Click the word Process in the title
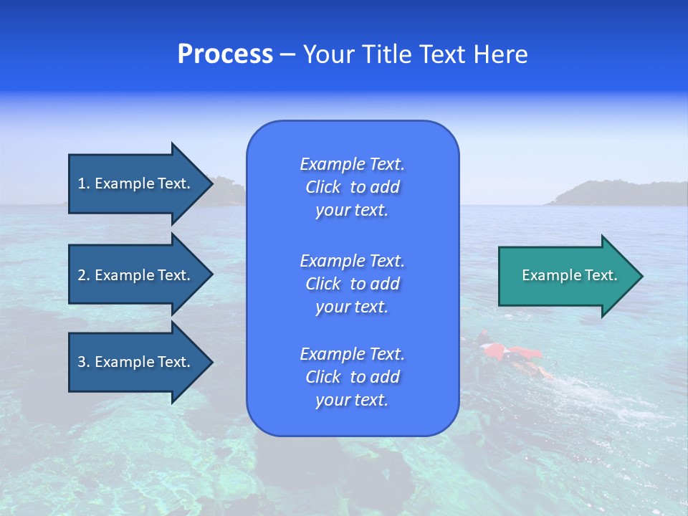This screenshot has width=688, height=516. (x=225, y=54)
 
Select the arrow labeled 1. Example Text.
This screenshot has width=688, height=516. (x=136, y=183)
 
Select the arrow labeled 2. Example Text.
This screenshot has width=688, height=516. (x=136, y=275)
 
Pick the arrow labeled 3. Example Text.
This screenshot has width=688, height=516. (x=136, y=362)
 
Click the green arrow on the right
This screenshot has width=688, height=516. (x=566, y=276)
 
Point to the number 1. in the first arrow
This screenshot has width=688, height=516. (x=84, y=183)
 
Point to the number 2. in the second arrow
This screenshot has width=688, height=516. (x=84, y=275)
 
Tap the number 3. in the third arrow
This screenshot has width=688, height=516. (x=84, y=362)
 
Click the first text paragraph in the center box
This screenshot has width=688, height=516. (x=352, y=187)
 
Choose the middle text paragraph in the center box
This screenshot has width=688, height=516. (x=352, y=284)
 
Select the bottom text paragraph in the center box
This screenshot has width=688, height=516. (x=352, y=377)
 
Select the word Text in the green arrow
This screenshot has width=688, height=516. (x=601, y=275)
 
